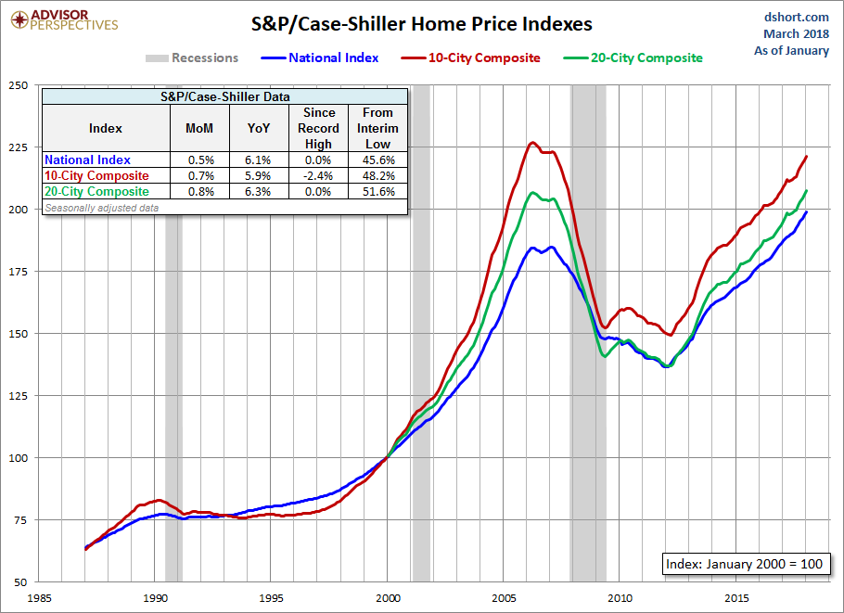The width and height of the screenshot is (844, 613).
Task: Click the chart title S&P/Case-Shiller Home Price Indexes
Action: pyautogui.click(x=421, y=23)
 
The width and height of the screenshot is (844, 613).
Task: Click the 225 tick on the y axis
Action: pyautogui.click(x=18, y=147)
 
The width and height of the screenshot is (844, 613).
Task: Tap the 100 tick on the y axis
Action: pyautogui.click(x=18, y=457)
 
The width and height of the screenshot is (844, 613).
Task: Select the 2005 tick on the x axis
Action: pyautogui.click(x=504, y=597)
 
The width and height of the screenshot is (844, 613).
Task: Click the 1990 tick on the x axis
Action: pyautogui.click(x=156, y=597)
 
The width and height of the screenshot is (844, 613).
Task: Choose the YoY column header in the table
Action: pyautogui.click(x=259, y=128)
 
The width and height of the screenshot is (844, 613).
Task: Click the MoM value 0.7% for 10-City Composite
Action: pyautogui.click(x=199, y=176)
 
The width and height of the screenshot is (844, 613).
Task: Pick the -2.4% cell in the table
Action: pyautogui.click(x=318, y=176)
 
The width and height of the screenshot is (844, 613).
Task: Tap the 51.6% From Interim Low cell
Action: pyautogui.click(x=377, y=192)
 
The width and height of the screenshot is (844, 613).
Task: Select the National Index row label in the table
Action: pyautogui.click(x=88, y=160)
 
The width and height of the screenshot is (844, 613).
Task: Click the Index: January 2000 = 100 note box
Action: pyautogui.click(x=742, y=564)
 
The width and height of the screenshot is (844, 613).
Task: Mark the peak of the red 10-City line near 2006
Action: pyautogui.click(x=532, y=143)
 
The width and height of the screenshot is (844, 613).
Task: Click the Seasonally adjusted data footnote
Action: pyautogui.click(x=101, y=208)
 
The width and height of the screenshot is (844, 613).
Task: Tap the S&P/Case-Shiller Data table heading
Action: pyautogui.click(x=224, y=96)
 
